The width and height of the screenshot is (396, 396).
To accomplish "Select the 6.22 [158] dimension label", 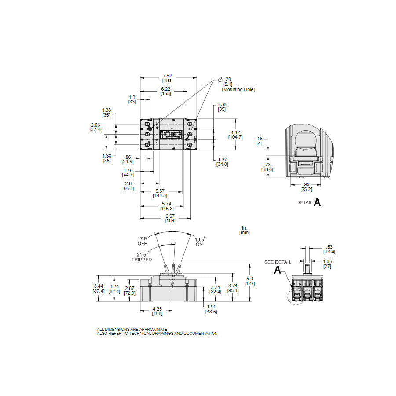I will pos(166,91).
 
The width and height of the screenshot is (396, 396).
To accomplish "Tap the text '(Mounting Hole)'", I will pos(238,89).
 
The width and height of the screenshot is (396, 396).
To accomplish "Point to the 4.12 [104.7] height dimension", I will pos(235,134).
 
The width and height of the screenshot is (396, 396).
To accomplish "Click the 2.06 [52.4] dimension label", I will pos(95,127).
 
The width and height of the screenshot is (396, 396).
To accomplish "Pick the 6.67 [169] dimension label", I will pos(170,218).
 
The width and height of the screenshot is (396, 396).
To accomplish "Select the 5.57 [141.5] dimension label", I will pos(160,193).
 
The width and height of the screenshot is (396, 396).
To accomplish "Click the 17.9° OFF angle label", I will pos(143,241).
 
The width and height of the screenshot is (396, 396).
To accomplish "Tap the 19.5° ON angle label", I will pos(200,241).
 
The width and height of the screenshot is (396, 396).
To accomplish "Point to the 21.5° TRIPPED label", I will pos(141,257).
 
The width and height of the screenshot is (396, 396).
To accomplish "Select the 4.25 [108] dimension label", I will pos(157,311).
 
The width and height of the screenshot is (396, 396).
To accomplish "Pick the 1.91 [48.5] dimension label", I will pos(211,309).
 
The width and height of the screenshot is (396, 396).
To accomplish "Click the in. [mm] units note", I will pos(244,230).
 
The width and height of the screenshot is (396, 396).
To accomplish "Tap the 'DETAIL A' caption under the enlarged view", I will pos(308,202).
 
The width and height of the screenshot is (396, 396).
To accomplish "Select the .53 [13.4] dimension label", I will pos(329,249).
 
